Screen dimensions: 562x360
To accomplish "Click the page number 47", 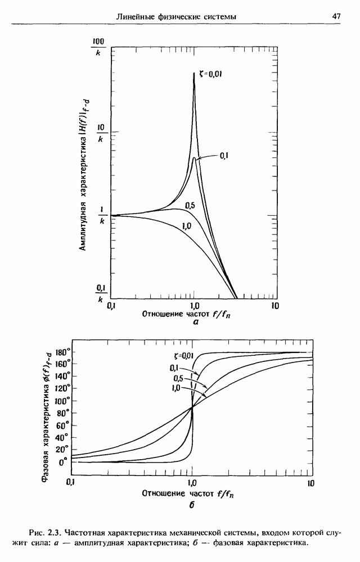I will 336,16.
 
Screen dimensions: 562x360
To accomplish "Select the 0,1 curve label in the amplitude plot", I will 223,155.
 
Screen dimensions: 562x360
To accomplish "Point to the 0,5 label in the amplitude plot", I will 190,206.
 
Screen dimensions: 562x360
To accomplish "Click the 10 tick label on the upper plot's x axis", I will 274,306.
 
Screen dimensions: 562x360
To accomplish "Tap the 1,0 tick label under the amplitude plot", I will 193,306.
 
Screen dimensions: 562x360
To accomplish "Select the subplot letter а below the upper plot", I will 196,323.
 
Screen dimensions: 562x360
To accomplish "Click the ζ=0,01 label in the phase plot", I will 183,355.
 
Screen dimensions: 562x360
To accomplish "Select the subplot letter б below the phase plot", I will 192,505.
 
